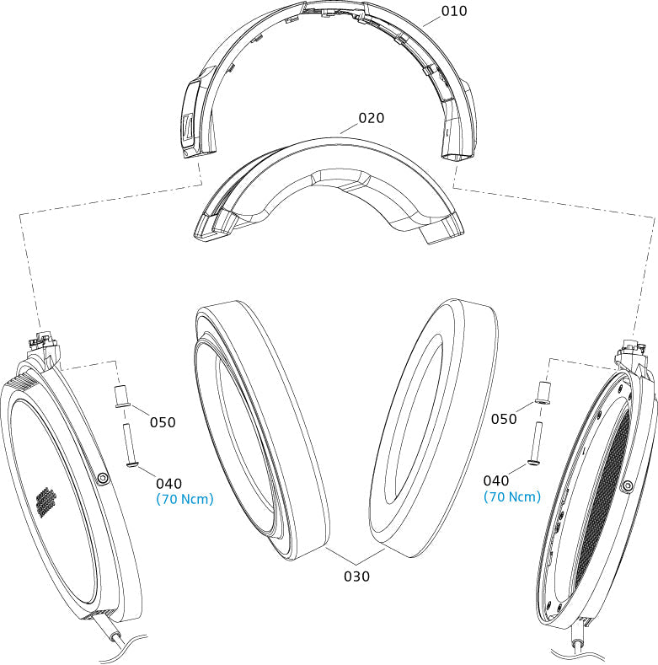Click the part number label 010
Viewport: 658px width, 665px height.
(x=454, y=11)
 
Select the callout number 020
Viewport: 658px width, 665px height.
(x=372, y=118)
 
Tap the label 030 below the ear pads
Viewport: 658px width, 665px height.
(x=356, y=577)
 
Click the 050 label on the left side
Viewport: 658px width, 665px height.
(x=163, y=421)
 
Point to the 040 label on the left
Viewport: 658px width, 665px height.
(x=169, y=483)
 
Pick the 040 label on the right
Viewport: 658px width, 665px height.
(x=497, y=480)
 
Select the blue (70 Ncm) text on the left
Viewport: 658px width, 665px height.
(x=185, y=499)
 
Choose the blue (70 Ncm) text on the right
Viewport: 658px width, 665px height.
(x=512, y=496)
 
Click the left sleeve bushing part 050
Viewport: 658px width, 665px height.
(x=121, y=394)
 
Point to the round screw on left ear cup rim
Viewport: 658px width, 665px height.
(x=103, y=478)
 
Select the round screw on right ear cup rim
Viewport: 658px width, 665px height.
(x=628, y=485)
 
